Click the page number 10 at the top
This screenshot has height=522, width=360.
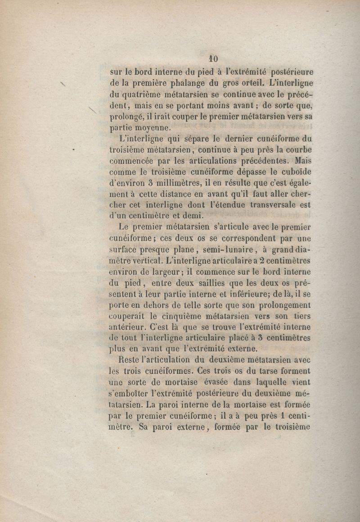pyautogui.click(x=213, y=59)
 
